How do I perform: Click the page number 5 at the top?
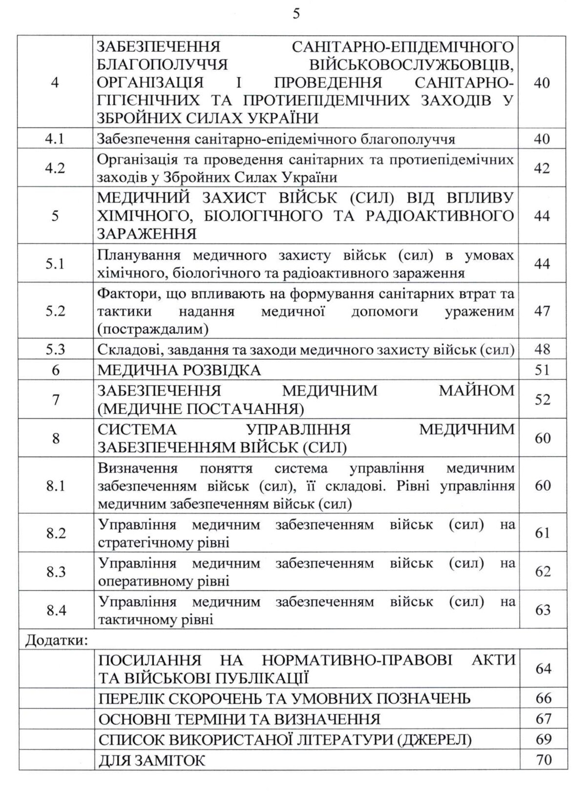coord(296,14)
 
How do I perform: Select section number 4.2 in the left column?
coord(55,168)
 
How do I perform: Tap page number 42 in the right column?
coord(542,168)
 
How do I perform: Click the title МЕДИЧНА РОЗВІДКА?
coord(179,370)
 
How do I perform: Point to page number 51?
coord(542,370)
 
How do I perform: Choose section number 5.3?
coord(55,350)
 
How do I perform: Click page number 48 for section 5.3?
coord(542,350)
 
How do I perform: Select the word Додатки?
coord(56,639)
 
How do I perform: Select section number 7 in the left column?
coord(55,399)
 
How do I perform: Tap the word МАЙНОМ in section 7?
coord(478,390)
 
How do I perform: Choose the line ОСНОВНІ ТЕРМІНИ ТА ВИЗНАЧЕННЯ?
coord(239,719)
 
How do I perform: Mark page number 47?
coord(542,311)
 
